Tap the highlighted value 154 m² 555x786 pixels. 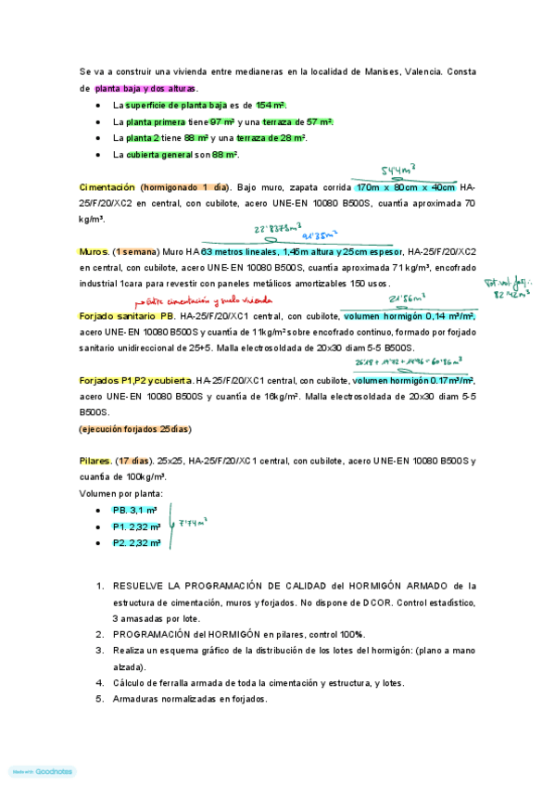point(271,106)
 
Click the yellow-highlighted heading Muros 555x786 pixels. point(95,251)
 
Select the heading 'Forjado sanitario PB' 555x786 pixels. point(127,316)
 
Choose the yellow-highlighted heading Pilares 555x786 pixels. point(95,461)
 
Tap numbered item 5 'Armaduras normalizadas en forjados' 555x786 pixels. point(190,699)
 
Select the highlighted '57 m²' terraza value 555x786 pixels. point(320,122)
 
